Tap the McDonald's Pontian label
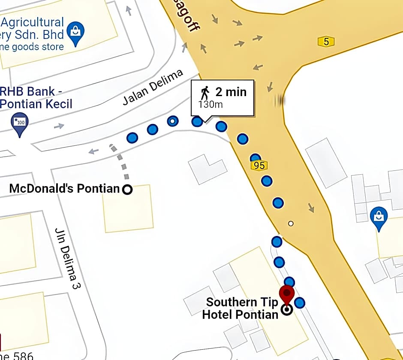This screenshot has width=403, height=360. [64, 188]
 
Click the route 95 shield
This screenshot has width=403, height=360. [259, 166]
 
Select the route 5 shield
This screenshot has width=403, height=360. [326, 42]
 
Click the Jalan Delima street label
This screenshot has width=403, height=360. [153, 87]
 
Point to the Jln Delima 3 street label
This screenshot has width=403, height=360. [68, 258]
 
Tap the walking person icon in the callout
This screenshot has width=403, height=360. [205, 92]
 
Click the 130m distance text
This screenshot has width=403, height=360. [211, 104]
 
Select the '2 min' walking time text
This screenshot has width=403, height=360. [231, 92]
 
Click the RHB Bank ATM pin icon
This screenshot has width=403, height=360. [19, 123]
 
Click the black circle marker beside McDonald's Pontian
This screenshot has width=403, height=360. [127, 189]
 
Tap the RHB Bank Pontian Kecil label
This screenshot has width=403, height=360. [36, 97]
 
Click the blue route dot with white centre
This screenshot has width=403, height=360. [172, 121]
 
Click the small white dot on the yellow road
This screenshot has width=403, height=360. [291, 223]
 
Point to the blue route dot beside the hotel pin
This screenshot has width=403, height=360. [300, 303]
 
